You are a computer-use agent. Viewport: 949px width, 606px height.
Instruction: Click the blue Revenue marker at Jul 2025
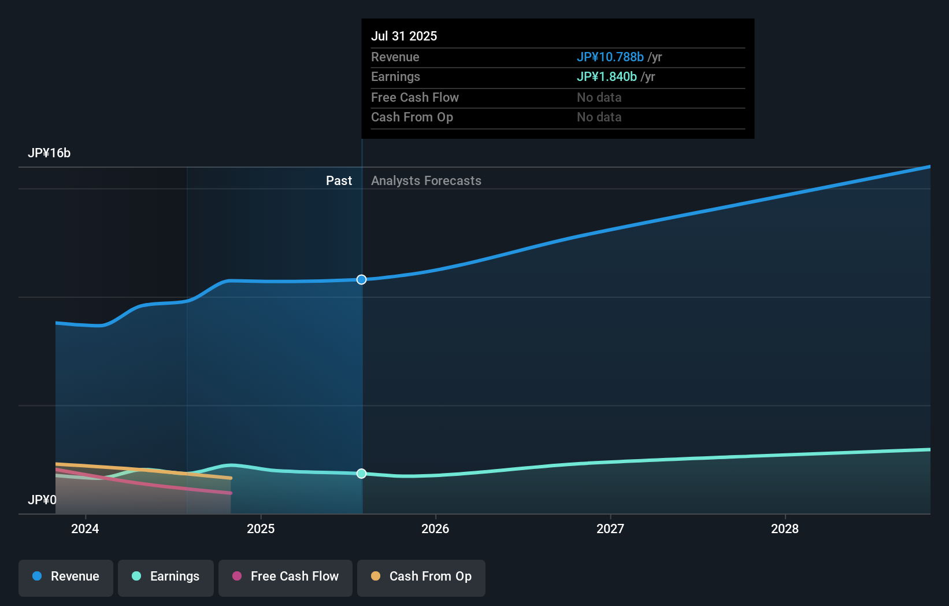pyautogui.click(x=361, y=279)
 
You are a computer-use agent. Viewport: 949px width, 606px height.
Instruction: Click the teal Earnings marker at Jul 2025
pyautogui.click(x=361, y=474)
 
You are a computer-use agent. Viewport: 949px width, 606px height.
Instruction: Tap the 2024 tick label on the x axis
pyautogui.click(x=85, y=529)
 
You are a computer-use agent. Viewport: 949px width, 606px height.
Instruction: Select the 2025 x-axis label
pyautogui.click(x=261, y=529)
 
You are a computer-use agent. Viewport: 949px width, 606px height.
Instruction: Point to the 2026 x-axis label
pyautogui.click(x=435, y=529)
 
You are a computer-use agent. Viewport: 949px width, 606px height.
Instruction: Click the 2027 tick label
pyautogui.click(x=610, y=529)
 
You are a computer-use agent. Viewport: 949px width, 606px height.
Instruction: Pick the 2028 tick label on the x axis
pyautogui.click(x=785, y=529)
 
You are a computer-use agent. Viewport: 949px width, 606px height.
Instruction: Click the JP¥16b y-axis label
pyautogui.click(x=49, y=153)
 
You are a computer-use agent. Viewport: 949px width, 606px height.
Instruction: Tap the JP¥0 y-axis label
pyautogui.click(x=42, y=500)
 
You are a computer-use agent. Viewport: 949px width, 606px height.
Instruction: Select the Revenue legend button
pyautogui.click(x=66, y=577)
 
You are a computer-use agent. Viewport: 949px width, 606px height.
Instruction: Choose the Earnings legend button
pyautogui.click(x=166, y=577)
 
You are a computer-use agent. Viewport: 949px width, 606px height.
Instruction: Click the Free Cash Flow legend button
pyautogui.click(x=286, y=577)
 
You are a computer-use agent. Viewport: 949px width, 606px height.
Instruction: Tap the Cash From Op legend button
pyautogui.click(x=421, y=577)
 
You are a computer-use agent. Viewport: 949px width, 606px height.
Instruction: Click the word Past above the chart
pyautogui.click(x=339, y=181)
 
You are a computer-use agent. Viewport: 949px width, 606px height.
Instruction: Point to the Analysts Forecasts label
pyautogui.click(x=426, y=181)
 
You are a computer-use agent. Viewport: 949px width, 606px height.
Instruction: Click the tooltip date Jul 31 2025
pyautogui.click(x=404, y=36)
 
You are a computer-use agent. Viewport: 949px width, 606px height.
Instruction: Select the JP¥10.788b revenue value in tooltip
pyautogui.click(x=610, y=57)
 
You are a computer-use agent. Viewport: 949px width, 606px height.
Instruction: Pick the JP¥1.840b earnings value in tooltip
pyautogui.click(x=606, y=77)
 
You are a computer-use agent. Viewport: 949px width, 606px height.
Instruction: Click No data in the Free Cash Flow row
pyautogui.click(x=599, y=97)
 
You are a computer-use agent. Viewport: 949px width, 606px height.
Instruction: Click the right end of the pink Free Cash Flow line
pyautogui.click(x=231, y=493)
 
